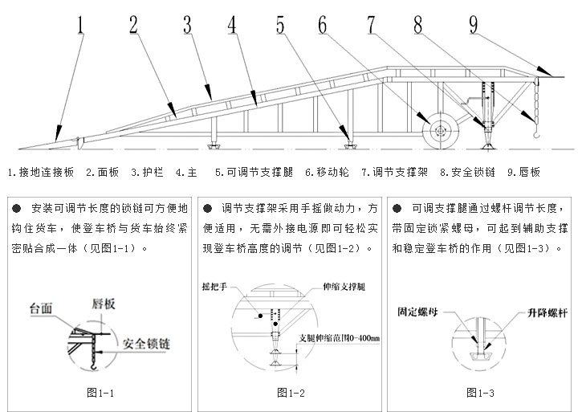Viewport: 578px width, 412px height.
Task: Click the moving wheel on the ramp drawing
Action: (x=439, y=130)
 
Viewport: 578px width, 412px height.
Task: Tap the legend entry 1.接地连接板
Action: (x=41, y=172)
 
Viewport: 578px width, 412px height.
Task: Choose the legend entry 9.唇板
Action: (x=523, y=172)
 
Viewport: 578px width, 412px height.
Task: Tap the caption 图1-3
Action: (x=480, y=392)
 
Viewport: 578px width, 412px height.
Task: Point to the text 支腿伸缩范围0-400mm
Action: (x=338, y=338)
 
